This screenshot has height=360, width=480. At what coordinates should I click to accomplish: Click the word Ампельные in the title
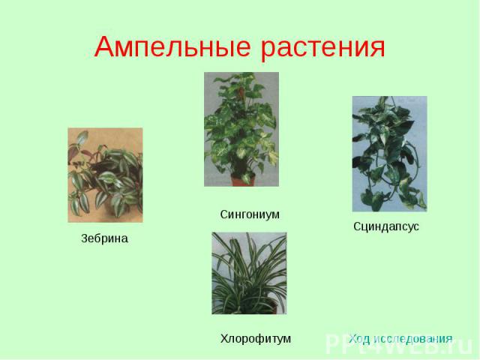[172, 47]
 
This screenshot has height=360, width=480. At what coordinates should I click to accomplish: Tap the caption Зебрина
[104, 238]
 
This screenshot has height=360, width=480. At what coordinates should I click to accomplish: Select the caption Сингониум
[250, 214]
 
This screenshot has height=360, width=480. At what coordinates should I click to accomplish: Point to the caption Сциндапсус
[386, 226]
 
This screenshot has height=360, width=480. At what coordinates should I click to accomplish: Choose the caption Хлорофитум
[256, 339]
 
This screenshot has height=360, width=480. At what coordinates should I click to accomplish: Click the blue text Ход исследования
[400, 339]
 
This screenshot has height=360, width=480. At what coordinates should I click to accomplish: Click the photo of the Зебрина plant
[105, 175]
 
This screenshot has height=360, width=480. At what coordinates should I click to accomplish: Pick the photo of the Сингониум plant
[241, 129]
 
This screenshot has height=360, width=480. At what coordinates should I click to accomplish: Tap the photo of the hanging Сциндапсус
[390, 154]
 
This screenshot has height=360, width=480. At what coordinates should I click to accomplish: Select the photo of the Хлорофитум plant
[249, 273]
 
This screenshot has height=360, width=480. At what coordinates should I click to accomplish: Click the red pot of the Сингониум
[243, 180]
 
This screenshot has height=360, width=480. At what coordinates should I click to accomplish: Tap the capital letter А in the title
[105, 46]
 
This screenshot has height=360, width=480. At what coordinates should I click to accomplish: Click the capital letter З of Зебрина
[85, 238]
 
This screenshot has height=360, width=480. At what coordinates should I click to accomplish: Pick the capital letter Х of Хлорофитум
[224, 338]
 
